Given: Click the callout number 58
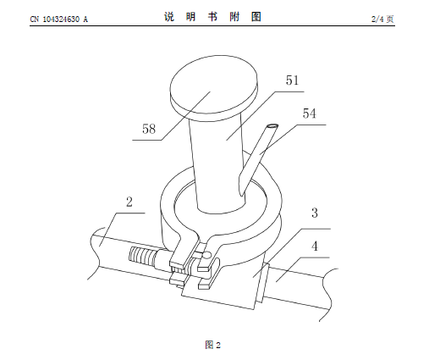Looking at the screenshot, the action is click(x=149, y=129).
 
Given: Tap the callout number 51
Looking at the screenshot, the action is click(x=292, y=80).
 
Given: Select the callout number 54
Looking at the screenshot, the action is click(x=310, y=114).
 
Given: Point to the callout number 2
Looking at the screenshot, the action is click(x=129, y=202).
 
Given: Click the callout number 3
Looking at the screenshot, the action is click(x=315, y=213).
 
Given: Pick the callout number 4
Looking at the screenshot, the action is click(x=315, y=246).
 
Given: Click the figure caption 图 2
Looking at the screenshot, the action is click(x=213, y=345).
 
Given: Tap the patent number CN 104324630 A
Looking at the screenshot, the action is click(x=59, y=19).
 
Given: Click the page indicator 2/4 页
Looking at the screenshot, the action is click(x=382, y=19).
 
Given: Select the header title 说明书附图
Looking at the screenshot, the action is click(x=212, y=17).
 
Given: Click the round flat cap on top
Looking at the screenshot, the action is click(x=214, y=85).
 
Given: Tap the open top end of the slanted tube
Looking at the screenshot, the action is click(x=272, y=126).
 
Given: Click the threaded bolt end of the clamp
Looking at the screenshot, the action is click(x=142, y=257).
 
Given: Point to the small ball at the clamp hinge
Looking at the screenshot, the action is click(x=207, y=255).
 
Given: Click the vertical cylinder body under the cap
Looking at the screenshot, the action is click(x=218, y=163).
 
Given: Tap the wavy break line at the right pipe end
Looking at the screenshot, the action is click(x=327, y=294).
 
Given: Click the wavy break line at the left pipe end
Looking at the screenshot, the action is click(x=95, y=252).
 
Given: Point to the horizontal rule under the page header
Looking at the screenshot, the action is click(x=212, y=25).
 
